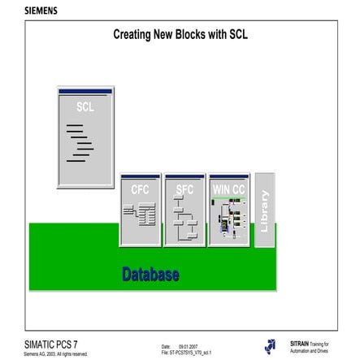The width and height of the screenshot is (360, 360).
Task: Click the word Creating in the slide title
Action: [132, 35]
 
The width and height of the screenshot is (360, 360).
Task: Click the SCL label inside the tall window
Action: [85, 107]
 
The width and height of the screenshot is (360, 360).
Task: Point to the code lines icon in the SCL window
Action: [79, 143]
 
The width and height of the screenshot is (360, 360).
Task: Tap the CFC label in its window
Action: [140, 189]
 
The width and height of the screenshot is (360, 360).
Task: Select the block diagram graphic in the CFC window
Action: [140, 215]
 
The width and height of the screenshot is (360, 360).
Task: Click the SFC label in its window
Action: [184, 189]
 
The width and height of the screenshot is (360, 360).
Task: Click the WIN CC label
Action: [228, 189]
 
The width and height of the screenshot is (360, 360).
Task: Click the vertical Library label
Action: [263, 210]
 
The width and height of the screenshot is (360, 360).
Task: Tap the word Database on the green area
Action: [150, 275]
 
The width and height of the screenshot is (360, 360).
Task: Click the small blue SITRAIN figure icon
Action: [270, 346]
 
